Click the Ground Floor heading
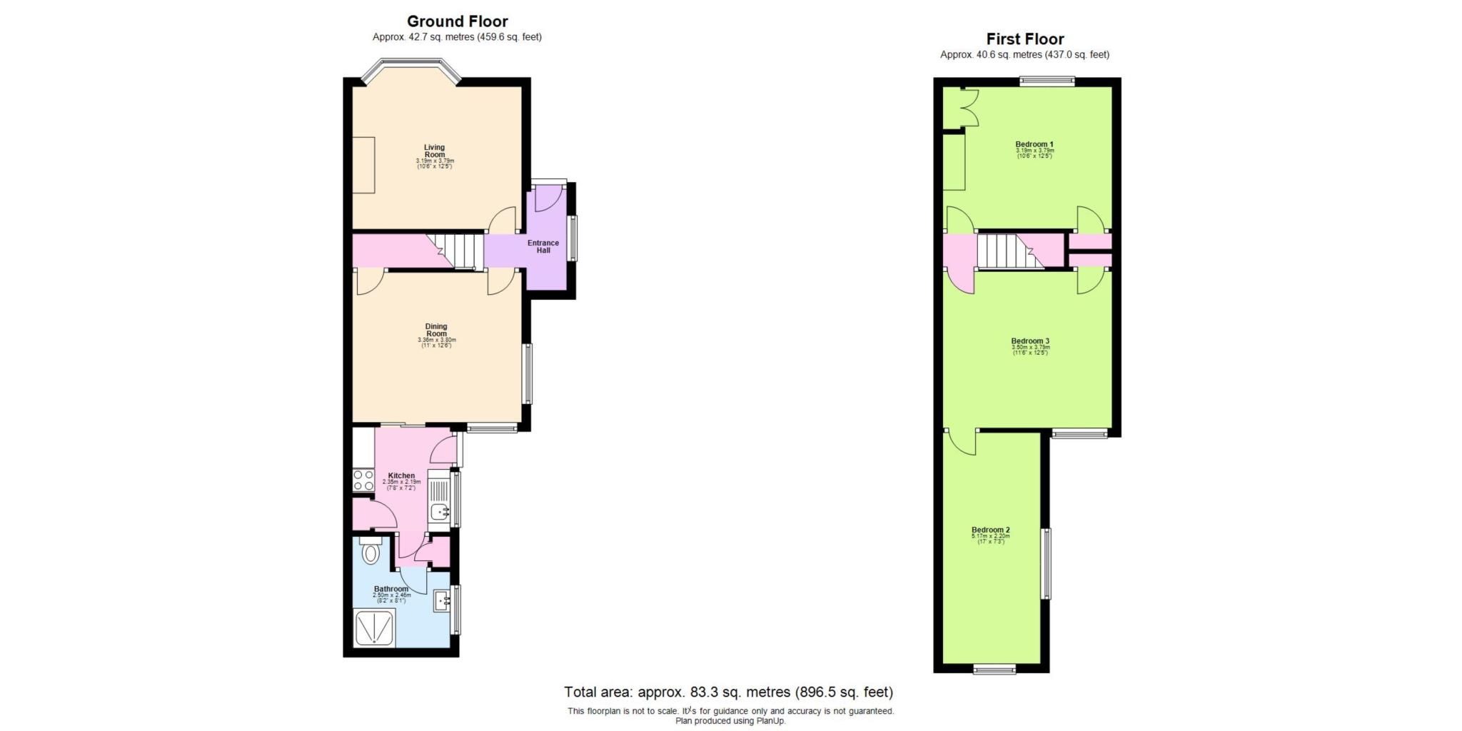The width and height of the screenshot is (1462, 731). (x=457, y=21)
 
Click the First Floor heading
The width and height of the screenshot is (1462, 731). (x=1024, y=39)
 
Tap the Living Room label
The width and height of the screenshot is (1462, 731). (x=435, y=151)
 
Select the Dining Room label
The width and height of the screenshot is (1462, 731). (x=436, y=330)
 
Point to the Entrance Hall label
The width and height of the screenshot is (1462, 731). (x=543, y=246)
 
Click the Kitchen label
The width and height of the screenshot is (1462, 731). (x=401, y=475)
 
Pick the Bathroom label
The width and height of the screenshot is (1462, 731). (x=391, y=589)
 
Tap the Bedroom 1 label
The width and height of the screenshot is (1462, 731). (x=1034, y=145)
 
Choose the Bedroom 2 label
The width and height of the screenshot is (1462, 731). (x=991, y=530)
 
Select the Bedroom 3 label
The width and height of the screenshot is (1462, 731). (x=1030, y=341)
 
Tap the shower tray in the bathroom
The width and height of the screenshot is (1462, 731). (x=374, y=627)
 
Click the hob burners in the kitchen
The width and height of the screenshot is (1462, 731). (x=363, y=480)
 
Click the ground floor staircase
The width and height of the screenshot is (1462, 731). (x=457, y=251)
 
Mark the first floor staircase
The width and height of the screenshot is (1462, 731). (x=1007, y=251)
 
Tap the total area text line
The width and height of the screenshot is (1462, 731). (x=728, y=692)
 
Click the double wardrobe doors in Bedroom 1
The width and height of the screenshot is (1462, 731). (x=969, y=108)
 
